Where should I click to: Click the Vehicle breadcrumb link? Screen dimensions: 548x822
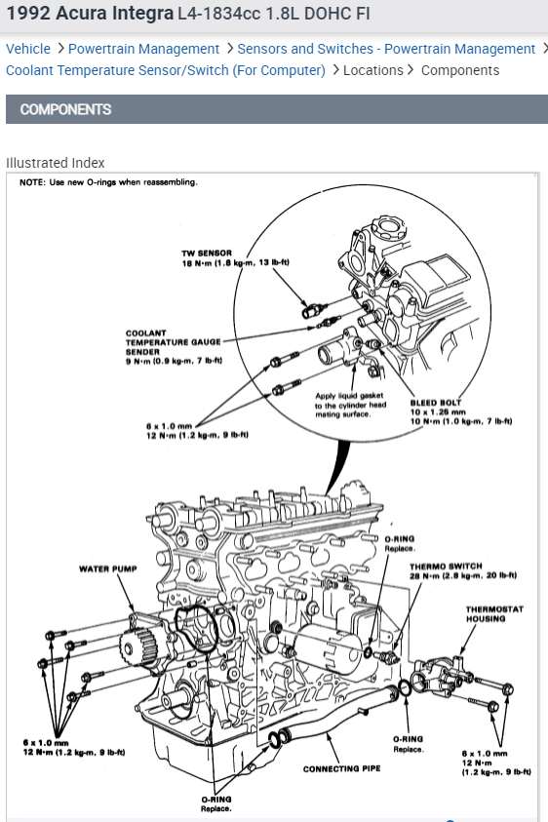tap(28, 49)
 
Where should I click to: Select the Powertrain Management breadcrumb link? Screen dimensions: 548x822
tap(143, 49)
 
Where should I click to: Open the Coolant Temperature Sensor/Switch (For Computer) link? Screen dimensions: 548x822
tap(166, 70)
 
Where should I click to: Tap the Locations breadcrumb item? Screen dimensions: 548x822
tap(373, 70)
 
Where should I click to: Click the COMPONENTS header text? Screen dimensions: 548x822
tap(65, 109)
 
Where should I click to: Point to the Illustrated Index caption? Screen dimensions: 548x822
tap(55, 163)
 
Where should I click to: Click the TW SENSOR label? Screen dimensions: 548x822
tap(207, 253)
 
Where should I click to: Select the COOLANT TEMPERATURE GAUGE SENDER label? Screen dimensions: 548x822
tap(173, 342)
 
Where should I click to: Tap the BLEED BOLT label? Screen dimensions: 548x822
tap(436, 403)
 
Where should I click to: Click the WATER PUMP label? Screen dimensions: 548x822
tap(108, 568)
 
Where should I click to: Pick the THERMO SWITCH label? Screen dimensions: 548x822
tap(446, 567)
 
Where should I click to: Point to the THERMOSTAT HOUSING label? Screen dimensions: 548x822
tap(494, 614)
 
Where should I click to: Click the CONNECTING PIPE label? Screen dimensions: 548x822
tap(342, 768)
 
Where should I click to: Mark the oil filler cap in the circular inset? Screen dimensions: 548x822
tap(389, 228)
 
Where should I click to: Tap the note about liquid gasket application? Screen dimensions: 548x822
tap(350, 405)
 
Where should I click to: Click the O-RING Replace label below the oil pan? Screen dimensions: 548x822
tap(216, 803)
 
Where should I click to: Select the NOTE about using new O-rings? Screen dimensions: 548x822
tap(108, 182)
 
